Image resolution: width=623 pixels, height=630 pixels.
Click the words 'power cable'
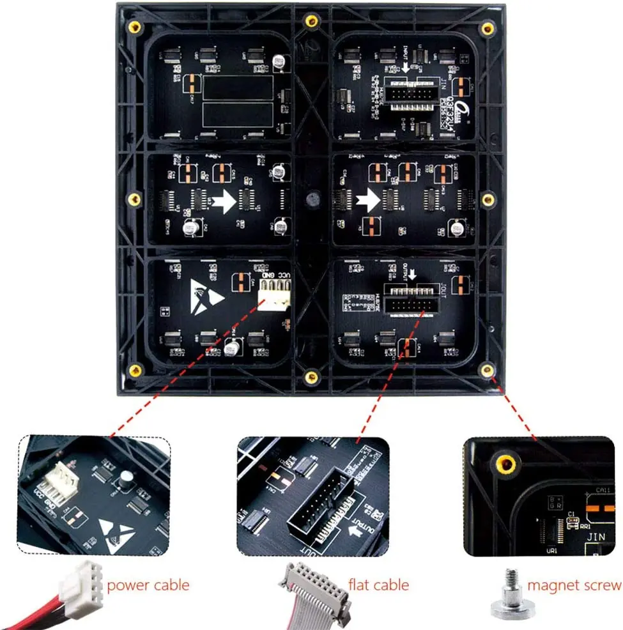148,584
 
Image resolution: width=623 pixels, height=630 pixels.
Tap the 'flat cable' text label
378,584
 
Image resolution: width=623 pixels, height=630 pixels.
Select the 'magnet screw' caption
574,584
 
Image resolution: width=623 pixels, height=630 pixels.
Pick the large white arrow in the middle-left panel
223,203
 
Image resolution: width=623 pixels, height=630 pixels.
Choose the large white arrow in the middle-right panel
367,200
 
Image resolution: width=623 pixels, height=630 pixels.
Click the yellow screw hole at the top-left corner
135,27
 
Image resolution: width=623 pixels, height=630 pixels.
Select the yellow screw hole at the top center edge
311,20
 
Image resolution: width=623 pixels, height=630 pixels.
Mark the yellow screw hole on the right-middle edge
488,200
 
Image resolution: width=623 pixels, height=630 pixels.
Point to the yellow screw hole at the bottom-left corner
135,371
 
